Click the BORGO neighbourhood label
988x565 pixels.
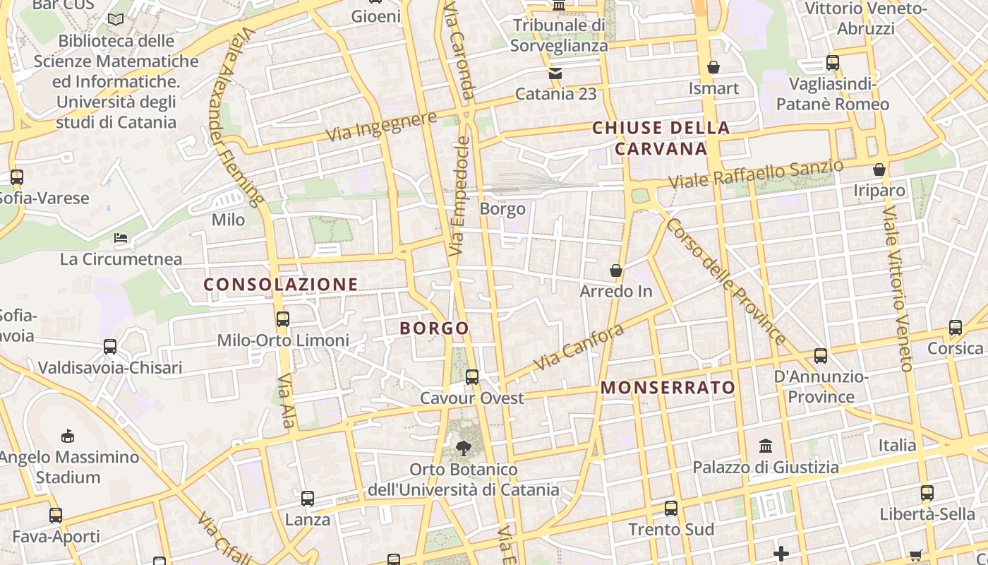(x=434, y=328)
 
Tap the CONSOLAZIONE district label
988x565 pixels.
(x=281, y=285)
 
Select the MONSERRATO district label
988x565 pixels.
(x=668, y=388)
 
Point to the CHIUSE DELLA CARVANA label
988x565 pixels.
(x=661, y=138)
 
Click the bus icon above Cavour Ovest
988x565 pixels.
(x=472, y=377)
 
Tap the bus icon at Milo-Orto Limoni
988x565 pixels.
(x=283, y=319)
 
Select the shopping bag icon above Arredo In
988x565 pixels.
(x=616, y=270)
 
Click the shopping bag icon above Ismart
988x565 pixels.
(x=713, y=68)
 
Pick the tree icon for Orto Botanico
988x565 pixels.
(x=464, y=448)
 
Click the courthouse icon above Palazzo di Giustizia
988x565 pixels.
(x=766, y=446)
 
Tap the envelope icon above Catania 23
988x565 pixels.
(x=555, y=73)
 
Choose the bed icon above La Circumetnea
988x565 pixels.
(x=121, y=238)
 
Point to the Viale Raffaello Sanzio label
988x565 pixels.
(x=755, y=174)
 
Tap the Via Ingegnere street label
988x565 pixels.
(x=381, y=126)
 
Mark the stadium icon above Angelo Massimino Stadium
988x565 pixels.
(x=68, y=436)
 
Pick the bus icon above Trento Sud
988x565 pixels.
(x=671, y=508)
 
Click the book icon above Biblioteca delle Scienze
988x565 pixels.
(x=116, y=20)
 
